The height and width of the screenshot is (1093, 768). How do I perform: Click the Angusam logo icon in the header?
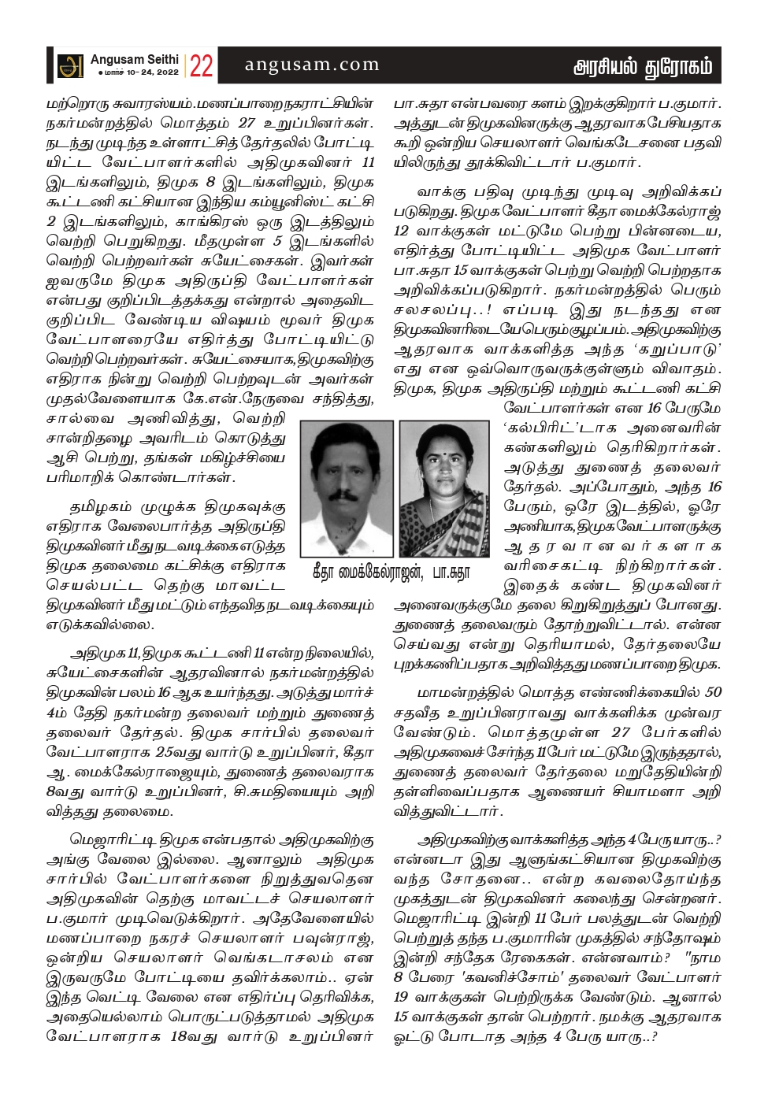(71, 65)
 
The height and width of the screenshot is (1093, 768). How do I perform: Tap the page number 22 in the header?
(201, 66)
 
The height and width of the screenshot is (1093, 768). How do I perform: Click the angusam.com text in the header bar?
(312, 65)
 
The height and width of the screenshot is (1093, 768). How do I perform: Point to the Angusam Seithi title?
(134, 60)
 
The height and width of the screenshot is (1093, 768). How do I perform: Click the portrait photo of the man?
(347, 488)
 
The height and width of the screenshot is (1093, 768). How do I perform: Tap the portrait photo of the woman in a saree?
(444, 488)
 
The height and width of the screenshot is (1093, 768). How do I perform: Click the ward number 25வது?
(175, 752)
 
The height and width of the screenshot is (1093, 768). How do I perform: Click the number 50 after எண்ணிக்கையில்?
(713, 692)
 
